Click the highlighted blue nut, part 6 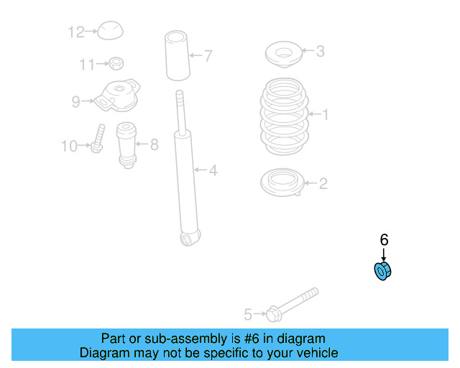pyautogui.click(x=383, y=272)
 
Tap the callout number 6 pyautogui.click(x=384, y=239)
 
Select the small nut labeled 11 pyautogui.click(x=114, y=64)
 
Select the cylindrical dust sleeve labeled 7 pyautogui.click(x=177, y=55)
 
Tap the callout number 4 pyautogui.click(x=213, y=170)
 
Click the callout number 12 pyautogui.click(x=76, y=32)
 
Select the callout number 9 pyautogui.click(x=75, y=102)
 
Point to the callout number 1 pyautogui.click(x=325, y=114)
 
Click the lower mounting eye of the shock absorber pyautogui.click(x=190, y=237)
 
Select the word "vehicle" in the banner pyautogui.click(x=315, y=353)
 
